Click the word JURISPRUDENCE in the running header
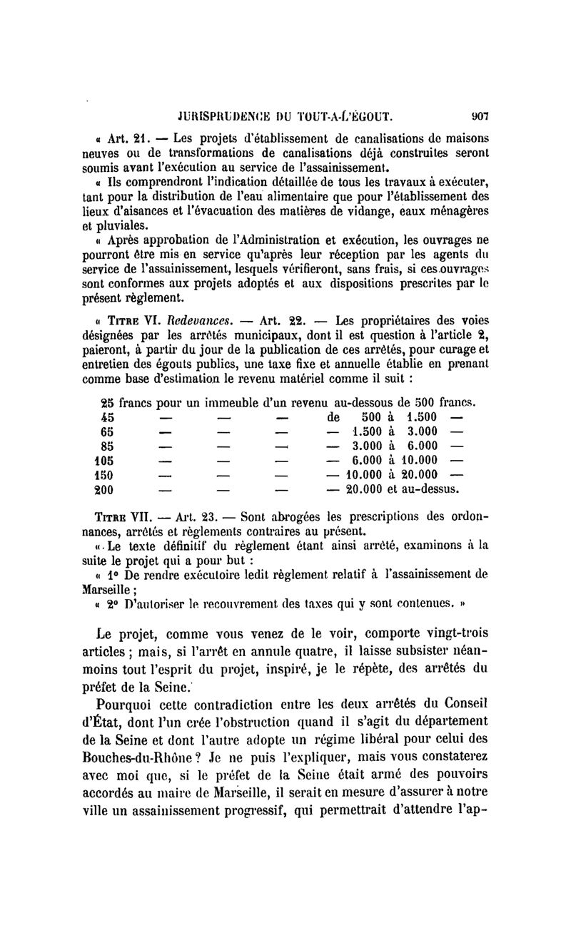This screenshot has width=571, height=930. click(x=217, y=113)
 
